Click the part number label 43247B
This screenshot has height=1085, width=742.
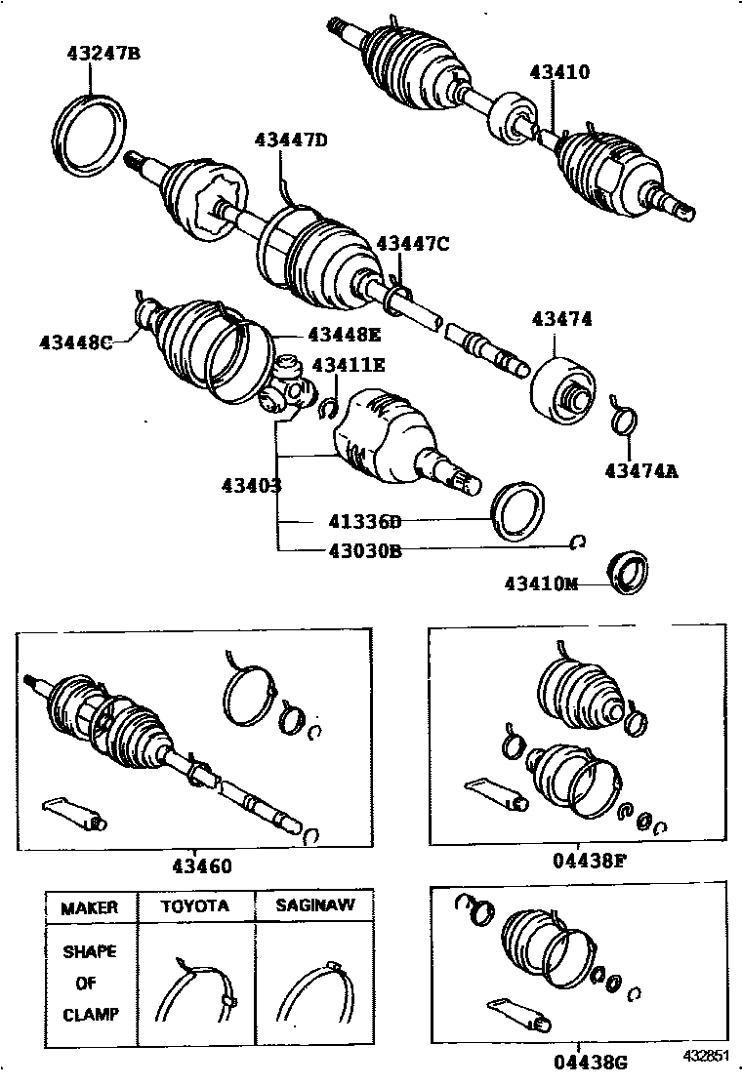(103, 54)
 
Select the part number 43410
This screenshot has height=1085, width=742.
(560, 72)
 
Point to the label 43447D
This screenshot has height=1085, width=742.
(291, 140)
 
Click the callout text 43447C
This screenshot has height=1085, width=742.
(413, 244)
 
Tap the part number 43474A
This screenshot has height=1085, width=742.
(640, 471)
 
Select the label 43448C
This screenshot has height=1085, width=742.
(77, 342)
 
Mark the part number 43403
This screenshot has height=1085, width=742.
(251, 484)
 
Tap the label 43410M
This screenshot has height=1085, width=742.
(542, 583)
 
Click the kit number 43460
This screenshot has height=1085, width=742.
(202, 865)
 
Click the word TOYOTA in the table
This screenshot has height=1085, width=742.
(195, 906)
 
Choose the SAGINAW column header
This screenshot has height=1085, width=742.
(314, 906)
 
